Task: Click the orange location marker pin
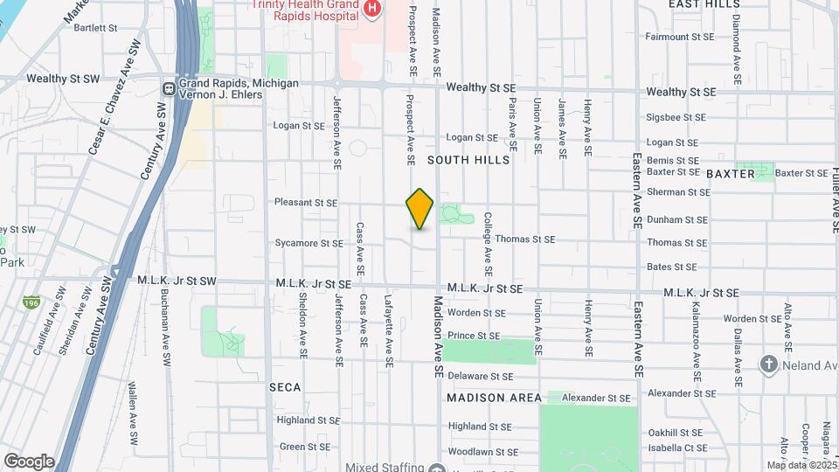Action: (419, 209)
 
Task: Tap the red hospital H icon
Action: (373, 8)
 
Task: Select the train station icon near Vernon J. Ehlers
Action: (169, 88)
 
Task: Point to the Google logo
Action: (28, 461)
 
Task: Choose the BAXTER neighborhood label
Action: (731, 174)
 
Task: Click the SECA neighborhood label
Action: (285, 386)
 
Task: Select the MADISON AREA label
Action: (494, 398)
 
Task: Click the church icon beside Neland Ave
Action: (768, 364)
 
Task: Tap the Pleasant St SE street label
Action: (306, 202)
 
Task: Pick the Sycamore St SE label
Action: (309, 243)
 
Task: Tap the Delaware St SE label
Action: (480, 377)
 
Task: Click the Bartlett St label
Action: (95, 28)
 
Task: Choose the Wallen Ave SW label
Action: (130, 402)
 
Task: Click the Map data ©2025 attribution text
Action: (801, 465)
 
